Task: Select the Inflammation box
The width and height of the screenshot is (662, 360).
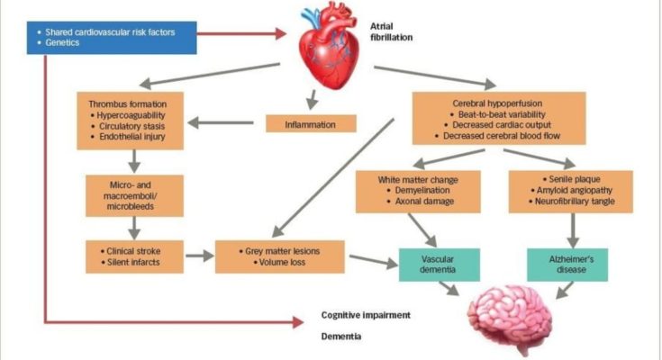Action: click(x=311, y=124)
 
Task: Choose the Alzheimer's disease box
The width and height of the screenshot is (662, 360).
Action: click(x=567, y=264)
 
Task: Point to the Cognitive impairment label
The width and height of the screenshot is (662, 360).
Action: click(x=366, y=316)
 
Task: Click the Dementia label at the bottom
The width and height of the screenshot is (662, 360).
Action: click(x=342, y=337)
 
